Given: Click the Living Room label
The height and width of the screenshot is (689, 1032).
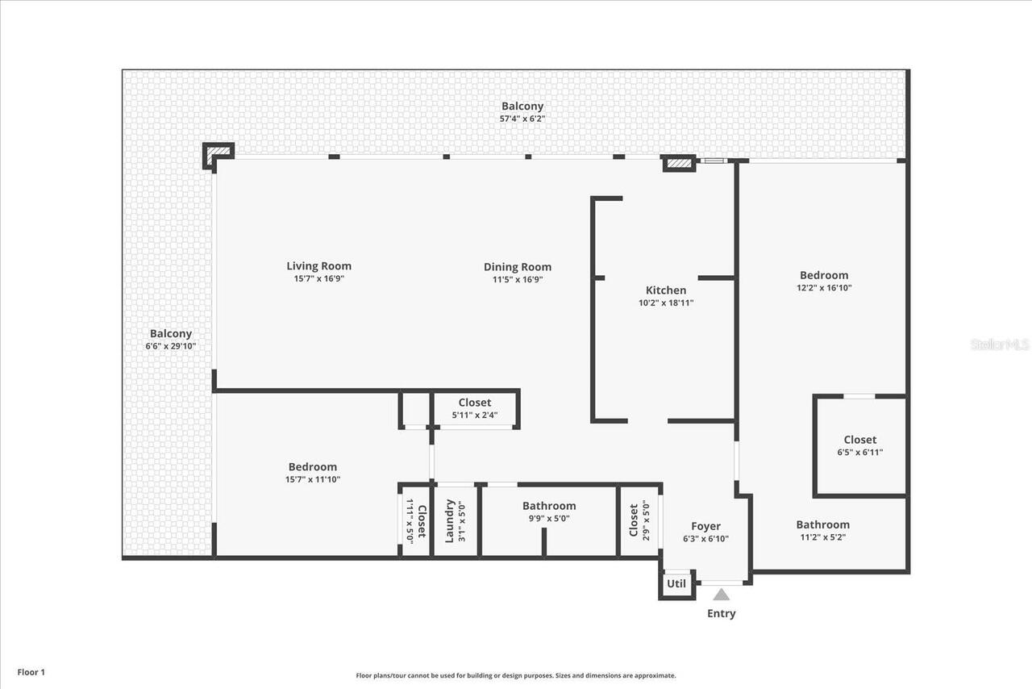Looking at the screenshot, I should click(x=318, y=266).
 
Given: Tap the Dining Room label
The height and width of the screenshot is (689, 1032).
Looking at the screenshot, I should click(x=518, y=267).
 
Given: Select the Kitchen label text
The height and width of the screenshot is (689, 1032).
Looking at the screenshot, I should click(x=666, y=290).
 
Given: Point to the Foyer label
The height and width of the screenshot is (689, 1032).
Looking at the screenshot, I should click(x=705, y=527).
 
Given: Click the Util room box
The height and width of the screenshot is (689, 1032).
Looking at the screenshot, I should click(x=676, y=584).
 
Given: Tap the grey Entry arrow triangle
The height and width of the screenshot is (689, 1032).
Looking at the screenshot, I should click(x=721, y=595).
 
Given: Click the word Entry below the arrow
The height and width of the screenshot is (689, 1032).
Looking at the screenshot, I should click(x=721, y=613).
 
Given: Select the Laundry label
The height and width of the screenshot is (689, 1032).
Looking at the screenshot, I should click(x=450, y=520).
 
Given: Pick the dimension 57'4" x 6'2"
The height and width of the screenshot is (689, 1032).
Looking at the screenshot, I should click(x=522, y=119).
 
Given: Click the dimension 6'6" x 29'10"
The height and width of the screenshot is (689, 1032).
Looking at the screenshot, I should click(x=170, y=346).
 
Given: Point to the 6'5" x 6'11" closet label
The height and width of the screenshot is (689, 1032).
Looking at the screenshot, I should click(x=859, y=453).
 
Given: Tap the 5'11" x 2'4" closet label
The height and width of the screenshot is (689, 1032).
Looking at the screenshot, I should click(x=474, y=415).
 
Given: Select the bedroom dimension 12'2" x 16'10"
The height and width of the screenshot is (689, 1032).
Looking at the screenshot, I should click(x=824, y=287).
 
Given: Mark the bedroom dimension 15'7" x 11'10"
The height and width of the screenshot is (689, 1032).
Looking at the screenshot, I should click(x=313, y=479).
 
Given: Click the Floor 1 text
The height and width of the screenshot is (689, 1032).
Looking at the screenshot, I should click(x=31, y=672).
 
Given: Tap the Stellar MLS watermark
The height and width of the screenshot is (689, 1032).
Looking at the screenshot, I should click(x=1000, y=344).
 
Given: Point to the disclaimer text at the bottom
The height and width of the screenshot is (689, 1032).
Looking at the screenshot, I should click(x=516, y=676).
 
